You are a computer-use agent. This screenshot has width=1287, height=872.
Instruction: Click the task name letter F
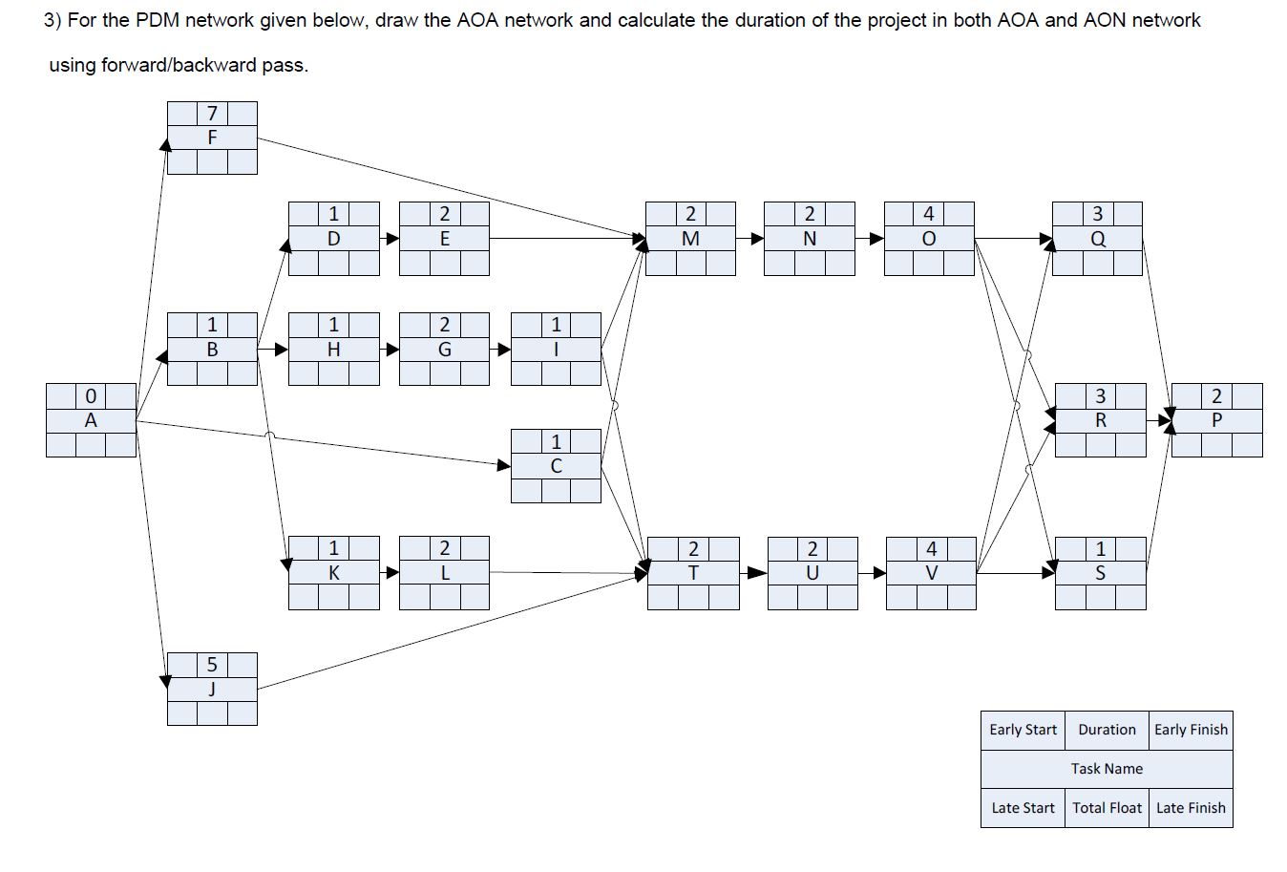212,138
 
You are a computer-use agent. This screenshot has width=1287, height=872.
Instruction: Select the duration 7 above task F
212,115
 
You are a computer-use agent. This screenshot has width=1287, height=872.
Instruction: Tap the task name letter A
91,420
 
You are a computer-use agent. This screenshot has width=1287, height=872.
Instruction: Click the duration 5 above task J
212,665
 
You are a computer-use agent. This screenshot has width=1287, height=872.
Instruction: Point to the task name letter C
556,466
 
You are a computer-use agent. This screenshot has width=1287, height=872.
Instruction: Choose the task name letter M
690,239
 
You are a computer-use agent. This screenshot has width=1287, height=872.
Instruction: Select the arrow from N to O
870,239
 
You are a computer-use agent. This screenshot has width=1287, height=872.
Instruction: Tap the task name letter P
1216,420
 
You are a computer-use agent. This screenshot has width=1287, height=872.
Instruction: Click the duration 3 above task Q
1097,214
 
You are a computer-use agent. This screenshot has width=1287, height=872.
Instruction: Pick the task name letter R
1100,420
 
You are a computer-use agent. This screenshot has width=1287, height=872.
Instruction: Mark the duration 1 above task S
1100,549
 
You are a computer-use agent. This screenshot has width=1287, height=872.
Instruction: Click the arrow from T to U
753,573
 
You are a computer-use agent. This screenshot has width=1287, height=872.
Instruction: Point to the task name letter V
931,573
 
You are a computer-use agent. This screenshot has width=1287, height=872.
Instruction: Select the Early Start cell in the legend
1023,730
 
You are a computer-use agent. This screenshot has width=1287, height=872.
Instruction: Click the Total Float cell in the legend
1107,808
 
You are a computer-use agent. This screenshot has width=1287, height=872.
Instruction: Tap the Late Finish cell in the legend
1191,808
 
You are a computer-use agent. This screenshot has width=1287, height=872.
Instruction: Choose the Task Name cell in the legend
1107,769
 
